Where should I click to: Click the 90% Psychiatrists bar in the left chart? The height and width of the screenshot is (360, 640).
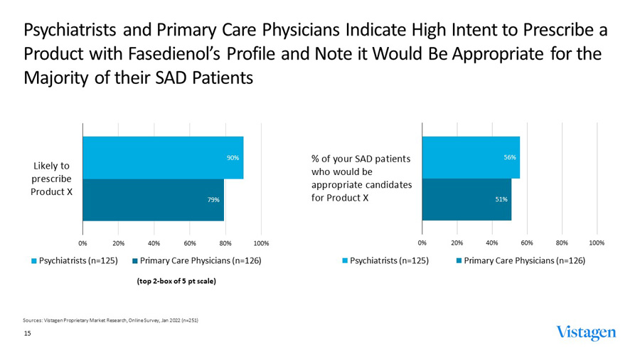163,157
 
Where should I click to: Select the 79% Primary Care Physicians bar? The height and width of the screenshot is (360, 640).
153,200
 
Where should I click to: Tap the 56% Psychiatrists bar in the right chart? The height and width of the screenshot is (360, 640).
470,157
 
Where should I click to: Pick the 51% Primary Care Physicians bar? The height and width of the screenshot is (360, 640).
466,200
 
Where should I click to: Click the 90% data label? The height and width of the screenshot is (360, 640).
233,157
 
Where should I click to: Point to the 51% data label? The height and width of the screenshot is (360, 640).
501,200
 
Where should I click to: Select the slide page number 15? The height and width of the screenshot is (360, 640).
28,333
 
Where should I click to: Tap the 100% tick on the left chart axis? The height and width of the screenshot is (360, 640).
261,243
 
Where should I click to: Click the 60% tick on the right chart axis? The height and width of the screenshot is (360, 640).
527,243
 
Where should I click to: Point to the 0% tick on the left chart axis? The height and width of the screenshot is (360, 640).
82,243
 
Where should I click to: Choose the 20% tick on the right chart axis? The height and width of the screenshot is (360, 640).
457,243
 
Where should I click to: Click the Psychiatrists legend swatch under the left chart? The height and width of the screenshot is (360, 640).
33,261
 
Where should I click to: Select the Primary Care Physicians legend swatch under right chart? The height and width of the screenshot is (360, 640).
459,261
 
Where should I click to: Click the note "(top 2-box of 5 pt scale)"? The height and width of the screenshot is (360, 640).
176,281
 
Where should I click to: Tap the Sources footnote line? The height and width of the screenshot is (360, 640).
110,321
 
